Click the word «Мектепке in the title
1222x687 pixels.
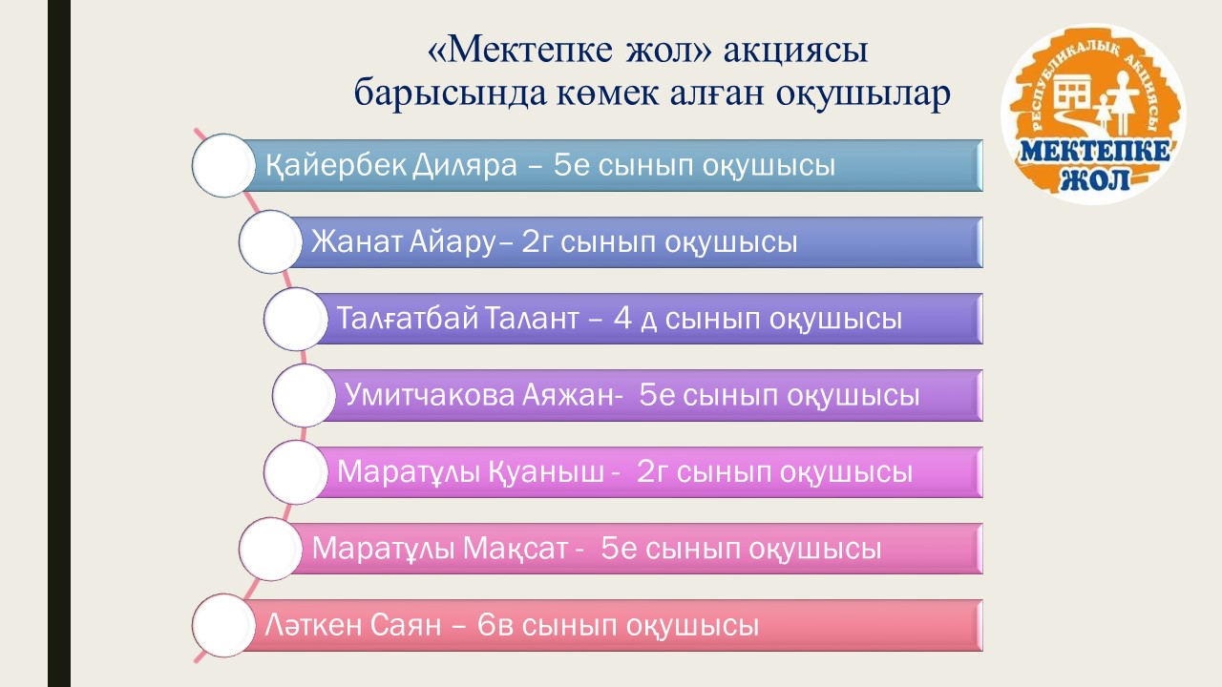pos(520,51)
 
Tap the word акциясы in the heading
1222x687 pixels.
pos(795,52)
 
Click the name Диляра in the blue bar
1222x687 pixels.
pos(464,165)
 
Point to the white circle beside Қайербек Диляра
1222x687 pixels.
pos(223,166)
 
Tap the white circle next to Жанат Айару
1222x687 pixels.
pos(270,242)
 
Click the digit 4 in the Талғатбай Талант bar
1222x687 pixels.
pos(622,319)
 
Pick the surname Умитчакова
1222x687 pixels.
pos(431,395)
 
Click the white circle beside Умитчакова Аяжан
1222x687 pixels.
pos(304,395)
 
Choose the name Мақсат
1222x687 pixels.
pos(516,548)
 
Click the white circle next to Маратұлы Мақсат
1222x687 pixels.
pos(270,549)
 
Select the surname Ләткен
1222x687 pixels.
pos(313,625)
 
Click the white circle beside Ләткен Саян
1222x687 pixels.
pos(223,626)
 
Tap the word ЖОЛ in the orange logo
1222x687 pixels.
pos(1094,179)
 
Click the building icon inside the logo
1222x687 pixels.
pos(1072,92)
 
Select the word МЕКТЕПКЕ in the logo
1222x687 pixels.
pos(1094,151)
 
